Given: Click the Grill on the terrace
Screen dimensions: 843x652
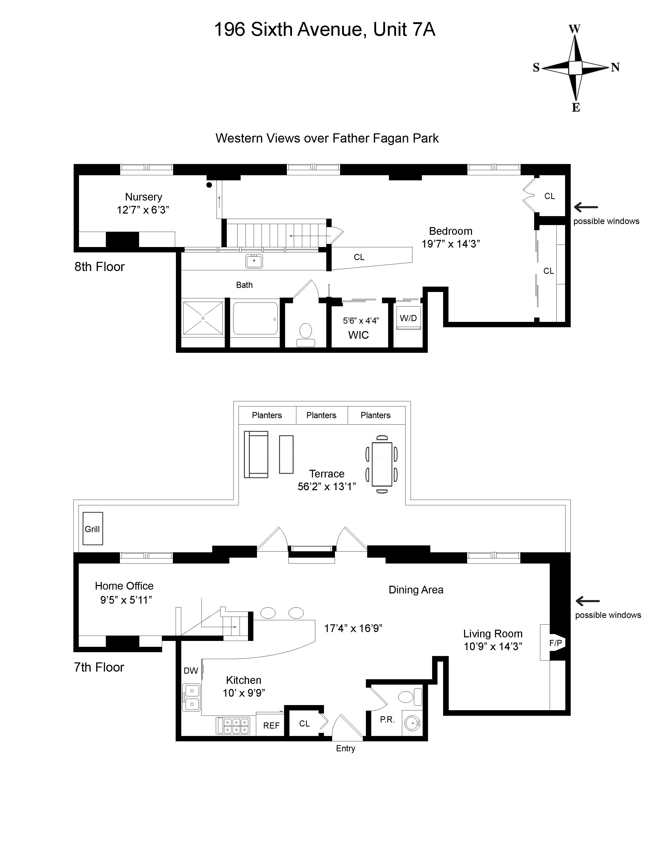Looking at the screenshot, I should click(93, 529).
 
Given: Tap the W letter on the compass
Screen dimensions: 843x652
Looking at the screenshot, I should click(574, 29).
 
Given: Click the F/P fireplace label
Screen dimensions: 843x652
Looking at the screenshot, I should click(555, 643).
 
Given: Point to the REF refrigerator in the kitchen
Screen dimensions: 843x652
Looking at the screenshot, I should click(271, 726).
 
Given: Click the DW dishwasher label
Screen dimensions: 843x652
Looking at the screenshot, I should click(191, 671).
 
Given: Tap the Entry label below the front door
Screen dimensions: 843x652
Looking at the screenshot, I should click(345, 748).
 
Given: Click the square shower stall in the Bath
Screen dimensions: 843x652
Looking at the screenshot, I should click(203, 318).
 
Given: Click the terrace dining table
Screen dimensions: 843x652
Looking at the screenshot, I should click(382, 464).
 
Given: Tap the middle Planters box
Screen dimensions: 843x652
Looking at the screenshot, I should click(321, 415).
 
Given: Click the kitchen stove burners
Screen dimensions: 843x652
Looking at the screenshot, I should click(233, 726).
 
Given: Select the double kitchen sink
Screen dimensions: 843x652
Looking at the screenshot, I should click(192, 697).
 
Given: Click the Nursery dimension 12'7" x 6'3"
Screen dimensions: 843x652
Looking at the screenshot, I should click(143, 209).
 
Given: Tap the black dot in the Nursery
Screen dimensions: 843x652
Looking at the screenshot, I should click(209, 185).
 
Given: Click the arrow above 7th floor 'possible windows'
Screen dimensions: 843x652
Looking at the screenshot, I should click(588, 601).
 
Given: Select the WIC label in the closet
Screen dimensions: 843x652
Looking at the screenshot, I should click(358, 335).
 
